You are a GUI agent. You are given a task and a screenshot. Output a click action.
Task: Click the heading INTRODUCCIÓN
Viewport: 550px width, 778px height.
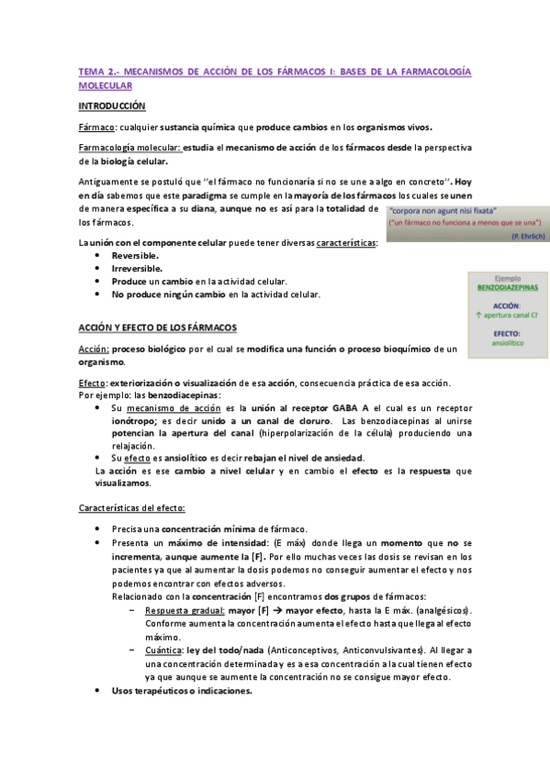pos(112,106)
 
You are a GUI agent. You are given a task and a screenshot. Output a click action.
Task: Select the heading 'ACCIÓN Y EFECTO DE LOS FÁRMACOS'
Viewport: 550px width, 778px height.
pos(157,328)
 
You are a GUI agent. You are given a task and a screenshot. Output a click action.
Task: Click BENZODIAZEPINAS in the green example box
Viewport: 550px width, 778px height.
pos(507,287)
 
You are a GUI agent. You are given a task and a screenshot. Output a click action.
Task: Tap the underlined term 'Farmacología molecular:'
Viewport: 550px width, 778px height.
pos(130,148)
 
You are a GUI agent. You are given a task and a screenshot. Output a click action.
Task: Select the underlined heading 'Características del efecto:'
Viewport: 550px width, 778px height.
pos(132,506)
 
